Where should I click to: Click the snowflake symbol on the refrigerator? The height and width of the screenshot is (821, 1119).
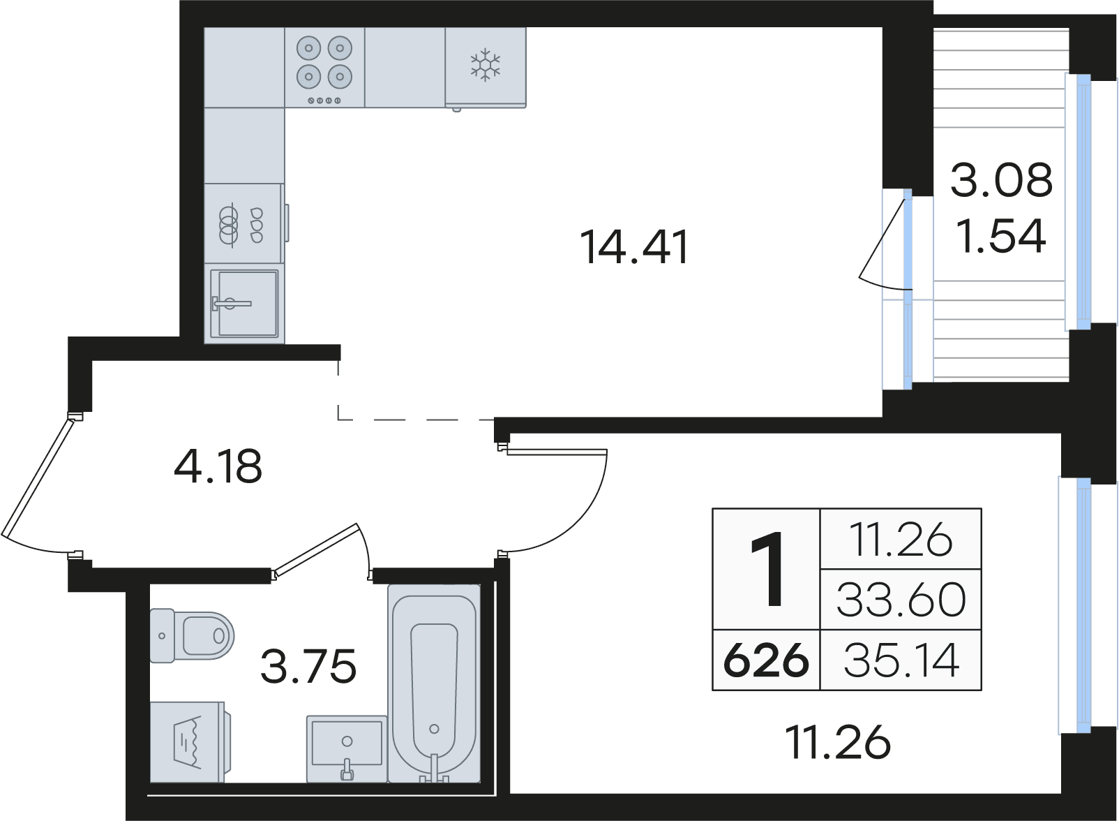[x=485, y=65]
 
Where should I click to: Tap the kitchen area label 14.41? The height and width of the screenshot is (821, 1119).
[x=634, y=247]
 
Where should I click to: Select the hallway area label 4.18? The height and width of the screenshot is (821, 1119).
[x=218, y=466]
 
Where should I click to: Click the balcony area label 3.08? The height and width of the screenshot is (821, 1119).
[x=1002, y=180]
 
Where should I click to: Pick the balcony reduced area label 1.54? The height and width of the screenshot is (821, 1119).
[x=1001, y=237]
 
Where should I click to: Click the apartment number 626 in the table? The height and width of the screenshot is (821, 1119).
[x=766, y=659]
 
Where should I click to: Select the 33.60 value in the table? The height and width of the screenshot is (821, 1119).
[x=901, y=600]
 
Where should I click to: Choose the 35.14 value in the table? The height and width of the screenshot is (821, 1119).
[x=901, y=660]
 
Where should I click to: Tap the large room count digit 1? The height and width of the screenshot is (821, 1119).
[x=767, y=570]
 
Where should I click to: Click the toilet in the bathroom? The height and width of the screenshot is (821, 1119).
[x=192, y=635]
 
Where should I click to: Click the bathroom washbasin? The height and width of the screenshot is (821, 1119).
[x=347, y=748]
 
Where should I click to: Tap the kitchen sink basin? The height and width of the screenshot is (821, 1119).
[x=244, y=303]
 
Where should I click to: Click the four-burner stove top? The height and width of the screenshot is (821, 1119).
[x=324, y=67]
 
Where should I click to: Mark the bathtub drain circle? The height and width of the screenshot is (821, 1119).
[x=434, y=730]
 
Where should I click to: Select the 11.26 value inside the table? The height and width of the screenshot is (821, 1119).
[x=901, y=540]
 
